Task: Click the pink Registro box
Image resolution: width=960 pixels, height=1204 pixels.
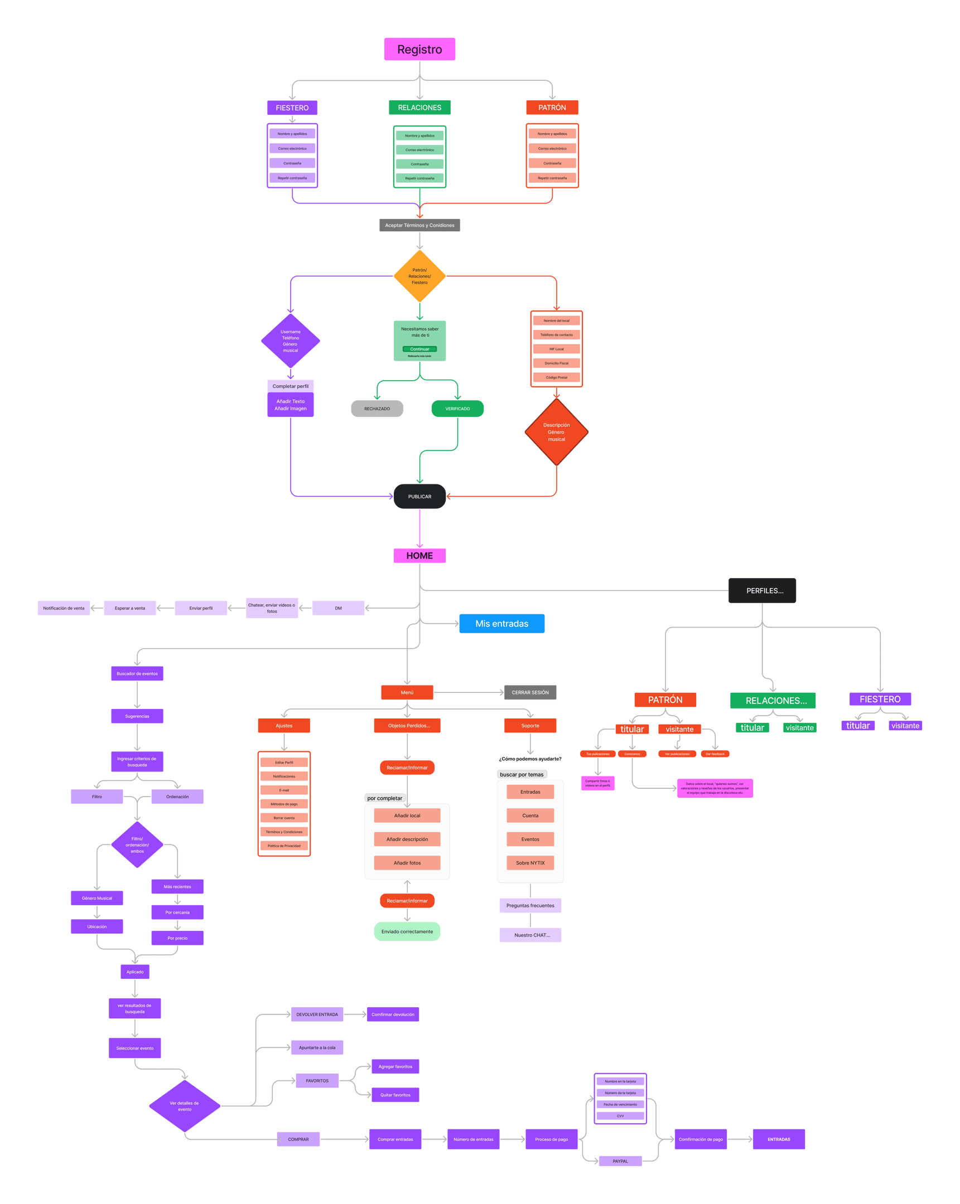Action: [419, 49]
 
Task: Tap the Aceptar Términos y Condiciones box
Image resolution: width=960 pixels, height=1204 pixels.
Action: [419, 225]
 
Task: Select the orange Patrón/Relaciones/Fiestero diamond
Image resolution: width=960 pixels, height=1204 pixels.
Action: [419, 276]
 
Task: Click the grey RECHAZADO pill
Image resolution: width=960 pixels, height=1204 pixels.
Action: [377, 408]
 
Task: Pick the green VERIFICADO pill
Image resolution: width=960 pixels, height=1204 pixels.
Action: [457, 408]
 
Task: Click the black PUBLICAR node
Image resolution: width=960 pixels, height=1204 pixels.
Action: [419, 497]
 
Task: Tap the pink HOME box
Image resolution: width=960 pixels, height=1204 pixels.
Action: [419, 556]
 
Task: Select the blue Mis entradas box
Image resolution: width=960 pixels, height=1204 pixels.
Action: [502, 623]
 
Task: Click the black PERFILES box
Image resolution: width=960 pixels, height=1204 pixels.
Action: [762, 590]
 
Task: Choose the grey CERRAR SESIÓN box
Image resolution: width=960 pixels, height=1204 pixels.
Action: [530, 692]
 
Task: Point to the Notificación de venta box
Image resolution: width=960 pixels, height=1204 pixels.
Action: [64, 608]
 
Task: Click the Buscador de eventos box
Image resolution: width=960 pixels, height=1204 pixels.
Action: [137, 673]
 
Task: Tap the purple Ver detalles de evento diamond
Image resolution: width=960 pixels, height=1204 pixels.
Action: [185, 1106]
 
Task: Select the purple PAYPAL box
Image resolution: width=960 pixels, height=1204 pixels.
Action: [620, 1161]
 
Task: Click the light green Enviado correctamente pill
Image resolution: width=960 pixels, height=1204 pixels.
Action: [407, 931]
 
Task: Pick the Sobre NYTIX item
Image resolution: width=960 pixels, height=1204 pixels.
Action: [530, 863]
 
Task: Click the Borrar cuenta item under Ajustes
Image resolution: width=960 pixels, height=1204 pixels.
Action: [284, 818]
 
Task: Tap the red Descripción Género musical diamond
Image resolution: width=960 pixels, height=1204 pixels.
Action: [557, 431]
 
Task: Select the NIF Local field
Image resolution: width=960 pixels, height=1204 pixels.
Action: [557, 349]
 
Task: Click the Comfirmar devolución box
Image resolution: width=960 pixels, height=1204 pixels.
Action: [393, 1014]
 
